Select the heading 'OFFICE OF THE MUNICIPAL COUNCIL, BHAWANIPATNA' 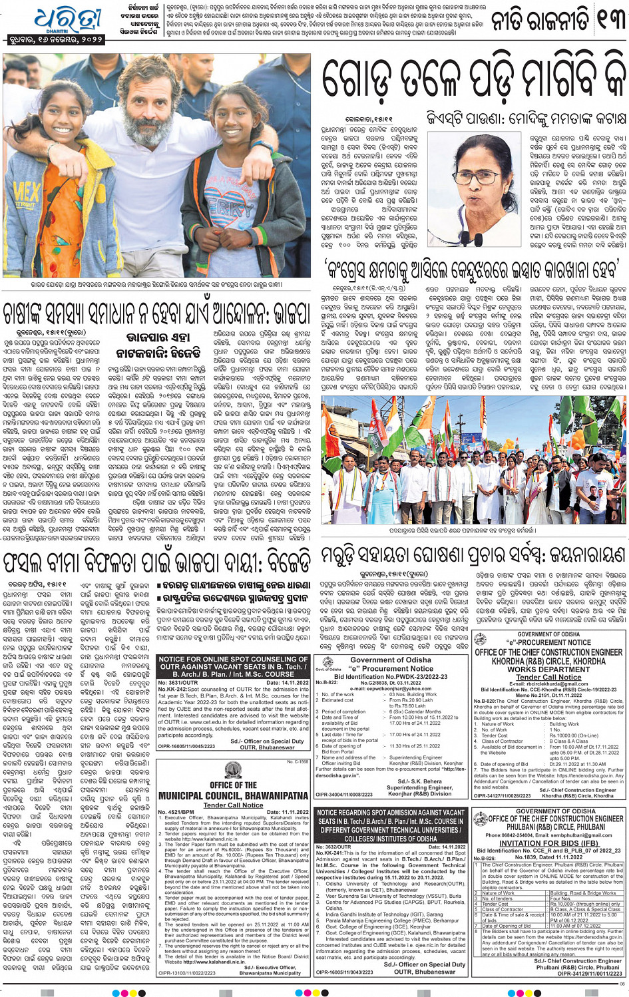(x=233, y=790)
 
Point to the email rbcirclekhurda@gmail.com (x=548, y=684)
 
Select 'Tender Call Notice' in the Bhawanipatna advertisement (x=233, y=805)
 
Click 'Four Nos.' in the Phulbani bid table (x=561, y=898)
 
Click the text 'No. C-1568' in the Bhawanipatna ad (x=298, y=761)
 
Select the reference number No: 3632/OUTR (x=336, y=847)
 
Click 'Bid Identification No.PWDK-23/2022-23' (x=391, y=677)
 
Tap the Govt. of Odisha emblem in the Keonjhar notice (x=327, y=663)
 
